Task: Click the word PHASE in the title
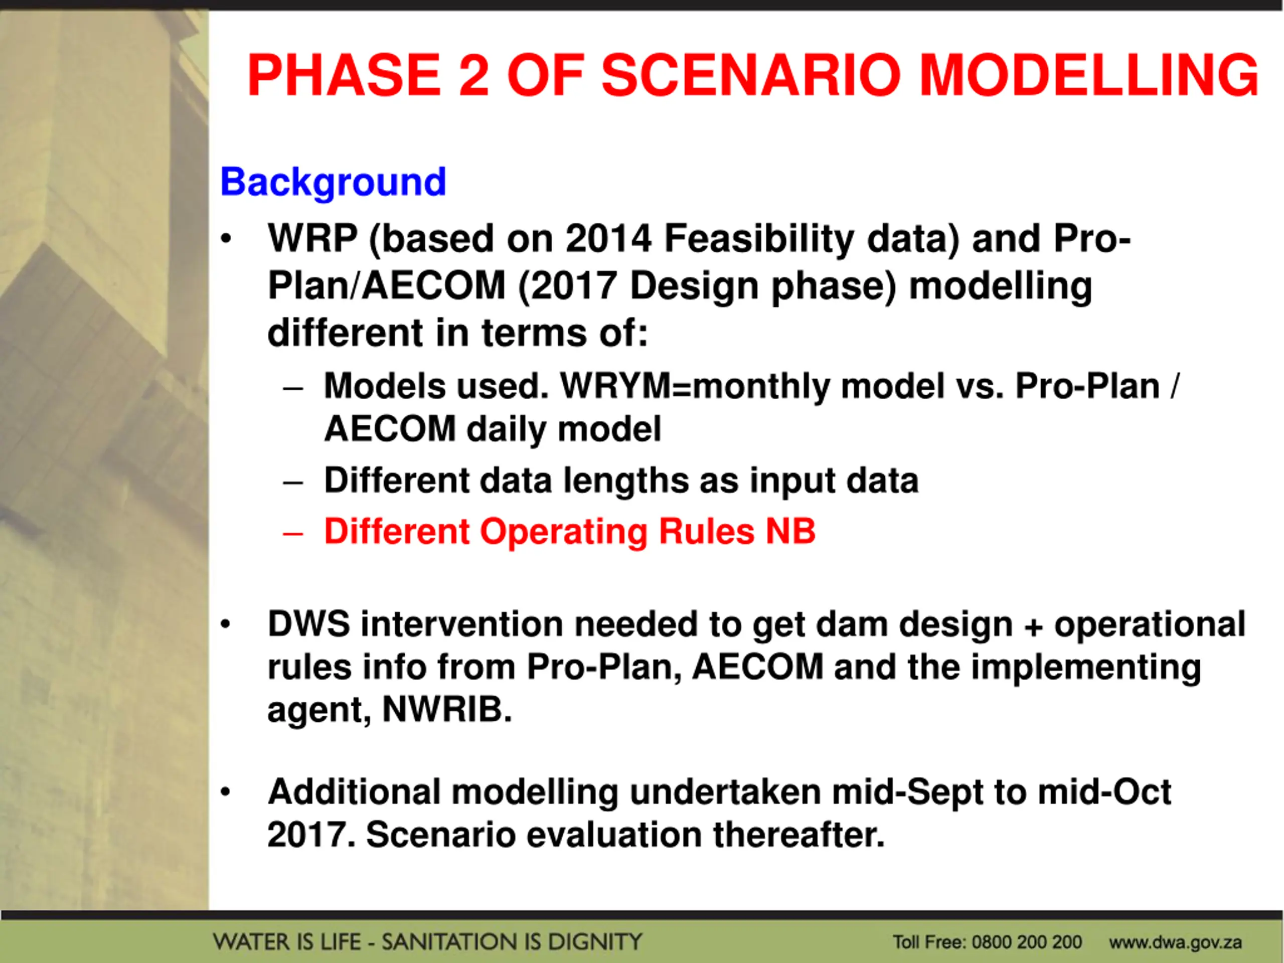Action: pyautogui.click(x=344, y=75)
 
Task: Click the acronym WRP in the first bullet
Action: pyautogui.click(x=312, y=239)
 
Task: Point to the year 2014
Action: pyautogui.click(x=608, y=239)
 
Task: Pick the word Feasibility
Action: pyautogui.click(x=759, y=239)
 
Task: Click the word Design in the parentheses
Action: pyautogui.click(x=694, y=286)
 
